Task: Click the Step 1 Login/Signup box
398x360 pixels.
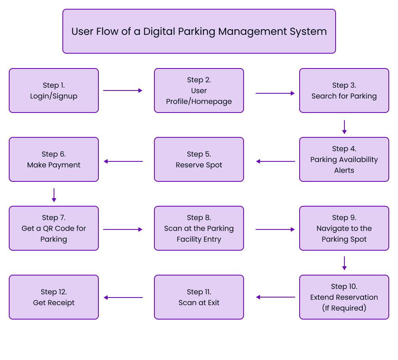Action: [x=54, y=91]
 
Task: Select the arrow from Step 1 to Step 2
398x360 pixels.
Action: [x=122, y=91]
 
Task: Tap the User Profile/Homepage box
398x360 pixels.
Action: [x=199, y=91]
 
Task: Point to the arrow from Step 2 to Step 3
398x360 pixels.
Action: [x=275, y=93]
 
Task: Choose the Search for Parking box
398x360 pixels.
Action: [x=344, y=91]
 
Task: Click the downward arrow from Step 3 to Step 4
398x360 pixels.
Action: [x=344, y=127]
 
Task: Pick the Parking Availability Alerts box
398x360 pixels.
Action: [x=344, y=159]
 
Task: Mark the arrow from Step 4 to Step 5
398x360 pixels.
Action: [x=276, y=161]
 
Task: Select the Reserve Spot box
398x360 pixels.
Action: [x=199, y=159]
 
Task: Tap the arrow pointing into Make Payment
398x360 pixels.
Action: [x=123, y=161]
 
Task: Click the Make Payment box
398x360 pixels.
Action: [x=54, y=159]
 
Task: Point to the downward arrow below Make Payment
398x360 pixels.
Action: [x=54, y=195]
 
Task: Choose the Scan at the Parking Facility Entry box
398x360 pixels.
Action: [x=199, y=228]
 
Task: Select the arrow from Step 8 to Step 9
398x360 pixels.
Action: [x=275, y=229]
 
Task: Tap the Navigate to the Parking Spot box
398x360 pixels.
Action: [x=344, y=228]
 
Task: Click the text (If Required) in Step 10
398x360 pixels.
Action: [x=344, y=308]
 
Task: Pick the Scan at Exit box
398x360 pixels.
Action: [x=199, y=297]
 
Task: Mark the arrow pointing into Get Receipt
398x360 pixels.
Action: [x=123, y=298]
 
